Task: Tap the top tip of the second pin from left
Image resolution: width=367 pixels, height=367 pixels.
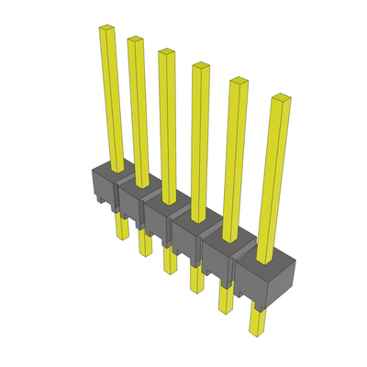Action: tap(135, 39)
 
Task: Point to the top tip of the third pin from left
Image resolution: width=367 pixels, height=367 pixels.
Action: tap(165, 51)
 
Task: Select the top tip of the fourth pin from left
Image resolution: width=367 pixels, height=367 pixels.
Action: tap(198, 65)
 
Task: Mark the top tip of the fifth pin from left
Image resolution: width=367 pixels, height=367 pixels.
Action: tap(238, 81)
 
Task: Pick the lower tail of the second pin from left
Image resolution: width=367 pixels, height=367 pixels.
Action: tap(144, 244)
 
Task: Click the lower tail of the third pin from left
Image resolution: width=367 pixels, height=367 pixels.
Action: tap(169, 261)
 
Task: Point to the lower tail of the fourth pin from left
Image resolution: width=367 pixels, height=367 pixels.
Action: tap(195, 279)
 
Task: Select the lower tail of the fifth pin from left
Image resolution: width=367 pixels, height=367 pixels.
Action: tap(225, 299)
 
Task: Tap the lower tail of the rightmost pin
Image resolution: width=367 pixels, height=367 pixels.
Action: tap(258, 321)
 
